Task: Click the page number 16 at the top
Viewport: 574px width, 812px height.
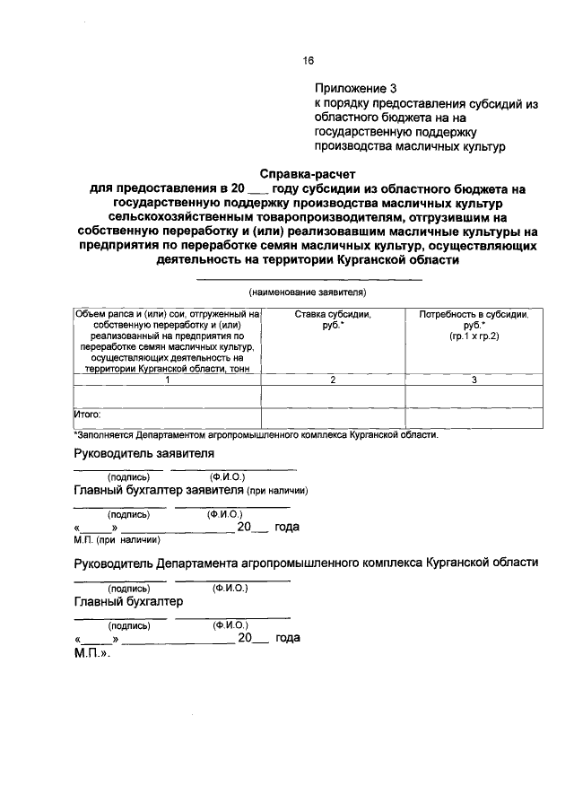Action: [308, 61]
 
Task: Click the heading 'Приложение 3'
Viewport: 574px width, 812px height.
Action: [354, 89]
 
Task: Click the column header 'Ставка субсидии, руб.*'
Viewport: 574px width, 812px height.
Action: [332, 320]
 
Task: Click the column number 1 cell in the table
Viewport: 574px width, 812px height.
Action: [167, 380]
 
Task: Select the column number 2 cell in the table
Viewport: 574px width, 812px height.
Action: [332, 380]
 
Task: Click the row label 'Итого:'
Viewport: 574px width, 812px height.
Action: [87, 415]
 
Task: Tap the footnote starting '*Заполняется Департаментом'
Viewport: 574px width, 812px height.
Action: [256, 435]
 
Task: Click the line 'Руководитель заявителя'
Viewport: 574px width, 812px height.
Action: [144, 455]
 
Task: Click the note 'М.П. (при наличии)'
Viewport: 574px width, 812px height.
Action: [117, 539]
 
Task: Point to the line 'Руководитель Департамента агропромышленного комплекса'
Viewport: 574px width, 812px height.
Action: [306, 563]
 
